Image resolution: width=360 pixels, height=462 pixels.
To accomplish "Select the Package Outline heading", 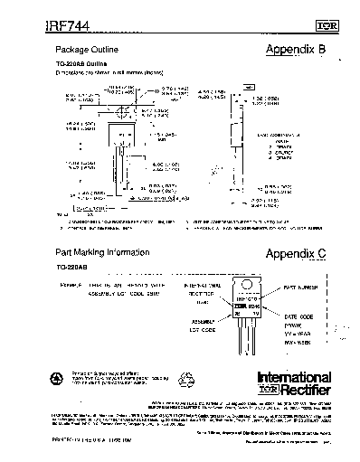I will pyautogui.click(x=87, y=47).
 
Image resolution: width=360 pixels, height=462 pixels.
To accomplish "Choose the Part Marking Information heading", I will pyautogui.click(x=102, y=252).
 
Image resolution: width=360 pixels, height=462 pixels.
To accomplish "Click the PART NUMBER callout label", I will pyautogui.click(x=301, y=287).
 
